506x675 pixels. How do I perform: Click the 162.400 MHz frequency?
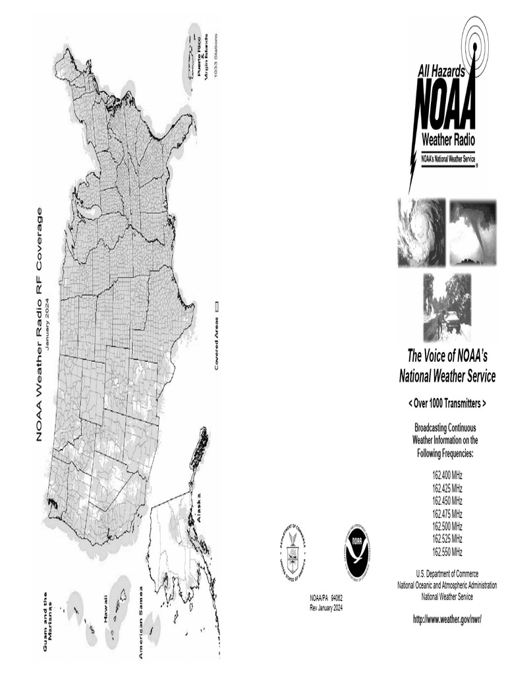447,476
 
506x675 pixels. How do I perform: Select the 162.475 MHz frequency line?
447,514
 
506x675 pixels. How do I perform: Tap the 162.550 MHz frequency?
447,551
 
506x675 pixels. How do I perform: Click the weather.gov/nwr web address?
447,620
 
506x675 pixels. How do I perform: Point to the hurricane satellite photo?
420,233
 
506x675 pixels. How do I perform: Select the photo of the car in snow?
447,307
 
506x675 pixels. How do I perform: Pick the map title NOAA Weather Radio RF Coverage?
40,324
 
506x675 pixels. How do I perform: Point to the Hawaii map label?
105,607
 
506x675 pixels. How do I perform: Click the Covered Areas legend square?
217,306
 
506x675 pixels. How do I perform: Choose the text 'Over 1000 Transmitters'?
447,403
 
